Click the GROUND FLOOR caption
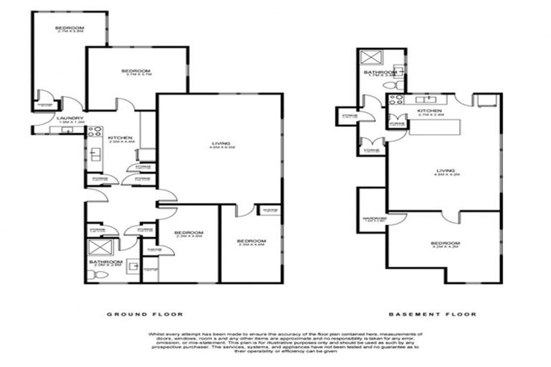[x=145, y=314]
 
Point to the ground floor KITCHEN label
[x=116, y=138]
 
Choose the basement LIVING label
[x=445, y=171]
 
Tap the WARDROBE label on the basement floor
[x=375, y=219]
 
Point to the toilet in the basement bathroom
[x=390, y=85]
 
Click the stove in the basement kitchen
[x=397, y=101]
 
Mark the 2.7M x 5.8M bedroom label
[x=70, y=29]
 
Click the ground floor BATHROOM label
[x=101, y=262]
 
